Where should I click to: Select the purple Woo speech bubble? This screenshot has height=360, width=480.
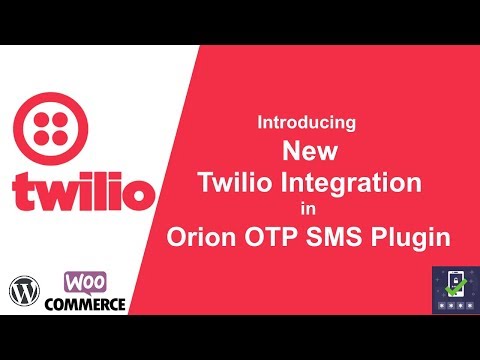[86, 282]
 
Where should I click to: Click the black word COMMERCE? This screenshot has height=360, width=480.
[92, 302]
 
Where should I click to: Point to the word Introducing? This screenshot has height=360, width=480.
[307, 123]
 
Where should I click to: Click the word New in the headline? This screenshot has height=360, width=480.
[307, 151]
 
